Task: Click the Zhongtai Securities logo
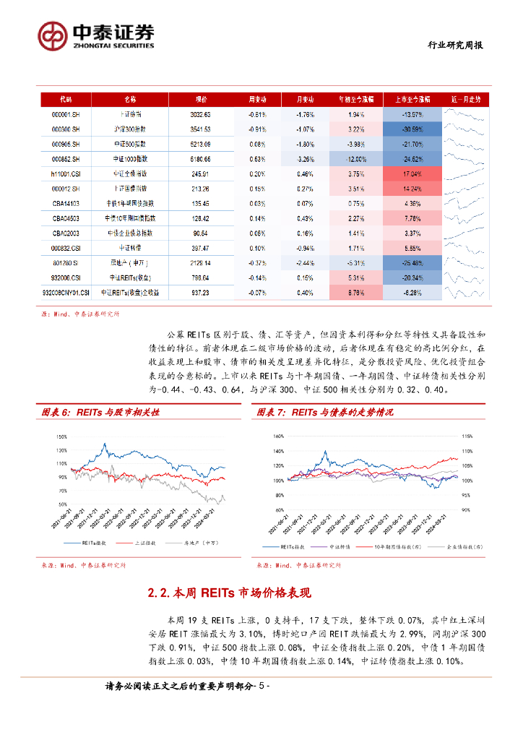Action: [96, 35]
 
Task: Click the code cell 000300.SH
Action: [66, 129]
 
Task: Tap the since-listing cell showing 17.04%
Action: [412, 174]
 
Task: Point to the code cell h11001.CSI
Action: [66, 174]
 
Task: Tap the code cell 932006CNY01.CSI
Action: [66, 293]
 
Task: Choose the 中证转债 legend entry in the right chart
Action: [346, 548]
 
